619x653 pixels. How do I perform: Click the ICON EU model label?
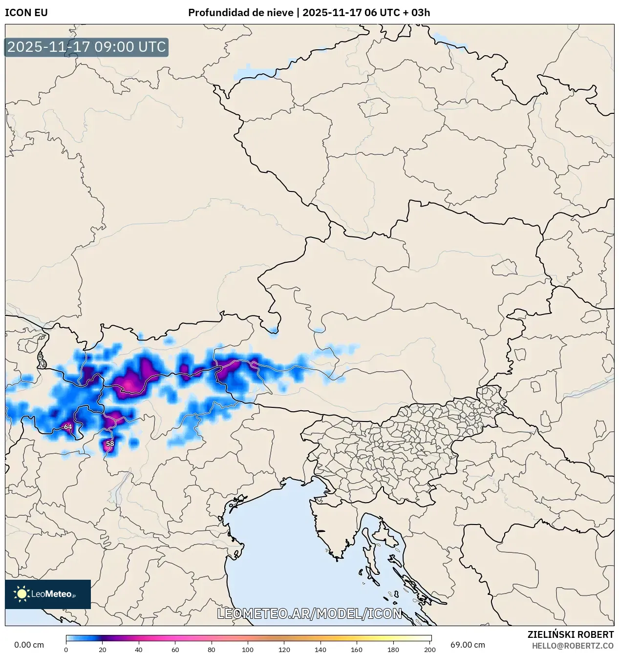pos(26,13)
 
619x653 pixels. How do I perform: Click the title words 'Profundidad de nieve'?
pos(240,13)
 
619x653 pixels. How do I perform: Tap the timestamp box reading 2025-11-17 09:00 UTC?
pos(86,47)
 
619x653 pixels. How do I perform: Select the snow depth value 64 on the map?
pos(68,427)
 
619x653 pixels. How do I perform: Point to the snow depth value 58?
pos(110,444)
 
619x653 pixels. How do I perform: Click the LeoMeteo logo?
pos(48,594)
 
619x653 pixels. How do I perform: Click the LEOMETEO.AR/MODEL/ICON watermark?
pos(309,614)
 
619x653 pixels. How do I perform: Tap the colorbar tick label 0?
pos(66,650)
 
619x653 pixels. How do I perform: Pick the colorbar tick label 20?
pos(103,650)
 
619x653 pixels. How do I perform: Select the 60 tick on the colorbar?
pos(175,650)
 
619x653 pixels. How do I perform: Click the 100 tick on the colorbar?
pos(248,650)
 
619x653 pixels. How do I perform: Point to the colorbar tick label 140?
pos(320,650)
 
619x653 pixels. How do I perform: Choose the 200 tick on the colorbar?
pos(429,650)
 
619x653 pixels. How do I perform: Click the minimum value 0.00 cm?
pos(29,645)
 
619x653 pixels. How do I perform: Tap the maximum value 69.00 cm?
pos(468,645)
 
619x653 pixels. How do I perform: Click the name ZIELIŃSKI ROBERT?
pos(570,634)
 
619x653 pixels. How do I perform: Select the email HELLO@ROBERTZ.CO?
pos(573,646)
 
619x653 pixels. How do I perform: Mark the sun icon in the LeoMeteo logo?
pos(22,594)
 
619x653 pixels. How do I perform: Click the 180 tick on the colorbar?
pos(393,650)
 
